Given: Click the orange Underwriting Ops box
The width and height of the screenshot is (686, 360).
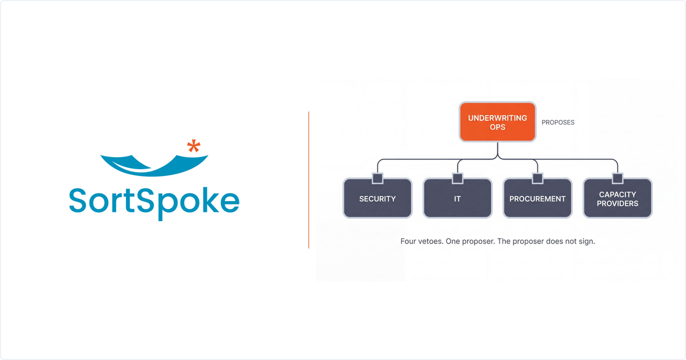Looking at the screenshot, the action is (497, 122).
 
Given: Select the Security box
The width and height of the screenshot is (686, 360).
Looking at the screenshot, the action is (377, 198).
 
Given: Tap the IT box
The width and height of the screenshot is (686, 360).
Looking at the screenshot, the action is (457, 198).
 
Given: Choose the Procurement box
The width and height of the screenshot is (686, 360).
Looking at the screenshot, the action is (537, 198).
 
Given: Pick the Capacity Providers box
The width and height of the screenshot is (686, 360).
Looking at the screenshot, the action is (617, 198).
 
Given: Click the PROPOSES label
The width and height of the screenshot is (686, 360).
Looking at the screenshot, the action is (558, 122).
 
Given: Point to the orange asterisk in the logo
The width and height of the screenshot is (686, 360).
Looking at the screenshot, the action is (194, 146).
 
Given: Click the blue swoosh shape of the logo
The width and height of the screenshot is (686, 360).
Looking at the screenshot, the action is (154, 165).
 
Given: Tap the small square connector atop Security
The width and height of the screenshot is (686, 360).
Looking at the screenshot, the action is (377, 178).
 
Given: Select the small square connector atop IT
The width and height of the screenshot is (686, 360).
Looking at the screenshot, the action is (457, 178).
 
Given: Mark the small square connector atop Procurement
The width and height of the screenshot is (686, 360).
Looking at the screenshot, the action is (537, 178).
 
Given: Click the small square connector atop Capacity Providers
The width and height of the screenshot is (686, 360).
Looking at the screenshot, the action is (617, 178).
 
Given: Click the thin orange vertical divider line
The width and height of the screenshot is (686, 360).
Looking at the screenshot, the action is (309, 180).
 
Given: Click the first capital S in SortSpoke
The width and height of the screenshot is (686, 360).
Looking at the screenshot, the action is (78, 200).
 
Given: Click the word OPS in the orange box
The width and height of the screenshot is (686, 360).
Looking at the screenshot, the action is (497, 127).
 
